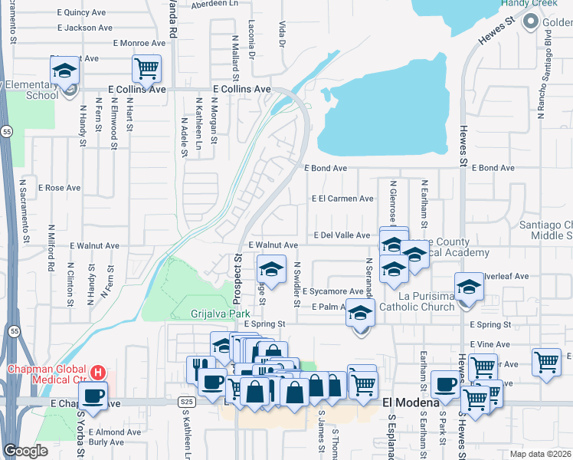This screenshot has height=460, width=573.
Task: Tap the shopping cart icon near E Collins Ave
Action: click(146, 68)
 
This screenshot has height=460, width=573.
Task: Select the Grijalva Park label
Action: click(220, 314)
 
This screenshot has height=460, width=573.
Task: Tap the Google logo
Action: click(26, 451)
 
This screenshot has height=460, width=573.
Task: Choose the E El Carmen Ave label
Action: click(342, 198)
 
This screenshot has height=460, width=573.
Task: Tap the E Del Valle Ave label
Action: click(342, 235)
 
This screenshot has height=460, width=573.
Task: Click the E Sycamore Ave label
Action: click(332, 291)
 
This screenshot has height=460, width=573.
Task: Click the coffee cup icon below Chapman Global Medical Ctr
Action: click(93, 397)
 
